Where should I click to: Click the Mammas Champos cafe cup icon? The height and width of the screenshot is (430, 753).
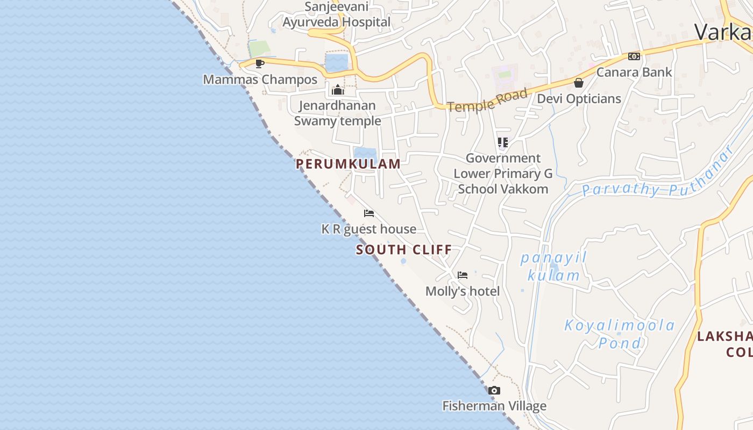click(260, 63)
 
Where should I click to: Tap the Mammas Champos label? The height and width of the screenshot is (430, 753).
click(260, 80)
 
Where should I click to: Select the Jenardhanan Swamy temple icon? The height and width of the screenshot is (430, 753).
click(338, 90)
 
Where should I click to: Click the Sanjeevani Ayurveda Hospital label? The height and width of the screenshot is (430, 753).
click(337, 15)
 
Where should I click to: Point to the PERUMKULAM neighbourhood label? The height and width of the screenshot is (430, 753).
click(349, 164)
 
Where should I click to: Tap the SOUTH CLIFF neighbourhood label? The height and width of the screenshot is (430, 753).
click(404, 250)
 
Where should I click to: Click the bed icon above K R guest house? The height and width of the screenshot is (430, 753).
click(369, 213)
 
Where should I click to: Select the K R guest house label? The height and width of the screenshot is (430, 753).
click(369, 229)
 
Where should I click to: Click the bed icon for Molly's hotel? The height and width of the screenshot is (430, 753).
click(463, 275)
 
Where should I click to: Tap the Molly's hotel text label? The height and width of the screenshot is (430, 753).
click(463, 291)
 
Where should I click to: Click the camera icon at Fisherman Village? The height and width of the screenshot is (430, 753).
click(494, 391)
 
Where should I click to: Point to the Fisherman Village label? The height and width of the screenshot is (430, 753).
click(494, 406)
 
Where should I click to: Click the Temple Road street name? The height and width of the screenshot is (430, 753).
click(487, 101)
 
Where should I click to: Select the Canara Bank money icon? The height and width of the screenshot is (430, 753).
click(634, 56)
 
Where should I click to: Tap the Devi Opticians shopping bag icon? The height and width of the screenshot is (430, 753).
click(579, 83)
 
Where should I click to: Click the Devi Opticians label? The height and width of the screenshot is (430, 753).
click(579, 99)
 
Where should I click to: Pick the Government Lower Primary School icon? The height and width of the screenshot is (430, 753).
click(503, 142)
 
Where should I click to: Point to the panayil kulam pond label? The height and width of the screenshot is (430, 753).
click(553, 267)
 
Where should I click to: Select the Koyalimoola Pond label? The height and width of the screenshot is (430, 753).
click(620, 334)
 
